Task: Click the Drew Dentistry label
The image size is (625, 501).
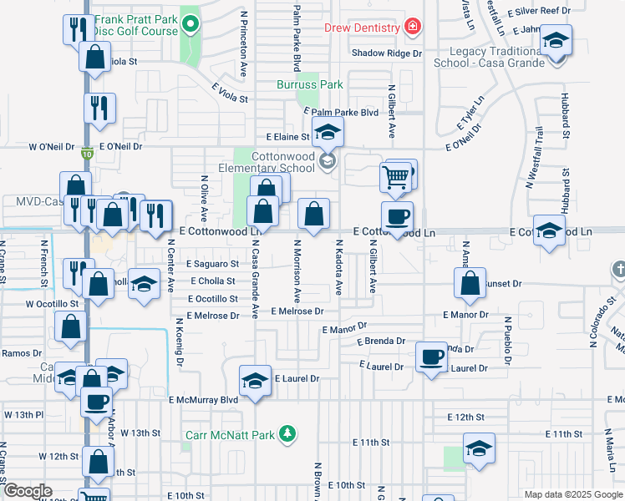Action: click(362, 28)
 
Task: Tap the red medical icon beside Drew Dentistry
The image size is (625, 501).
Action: click(412, 28)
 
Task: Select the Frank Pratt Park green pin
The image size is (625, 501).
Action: click(191, 24)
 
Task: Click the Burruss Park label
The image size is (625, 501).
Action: click(310, 84)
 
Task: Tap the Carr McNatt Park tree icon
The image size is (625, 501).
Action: click(287, 433)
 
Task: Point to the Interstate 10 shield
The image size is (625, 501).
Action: click(87, 154)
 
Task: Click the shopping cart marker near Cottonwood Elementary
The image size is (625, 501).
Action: click(395, 175)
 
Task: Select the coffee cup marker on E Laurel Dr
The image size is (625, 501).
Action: click(431, 357)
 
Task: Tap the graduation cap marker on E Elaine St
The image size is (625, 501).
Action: click(328, 131)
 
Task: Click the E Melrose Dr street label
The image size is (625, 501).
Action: click(296, 311)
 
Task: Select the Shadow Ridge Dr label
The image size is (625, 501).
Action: click(387, 53)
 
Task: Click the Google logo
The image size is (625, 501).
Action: click(28, 491)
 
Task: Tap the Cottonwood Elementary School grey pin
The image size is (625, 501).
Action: click(328, 163)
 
